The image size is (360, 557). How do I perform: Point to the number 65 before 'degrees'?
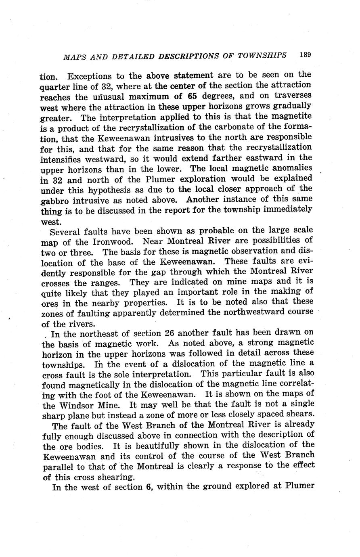pyautogui.click(x=193, y=96)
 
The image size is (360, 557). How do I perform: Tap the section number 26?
pyautogui.click(x=170, y=333)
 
